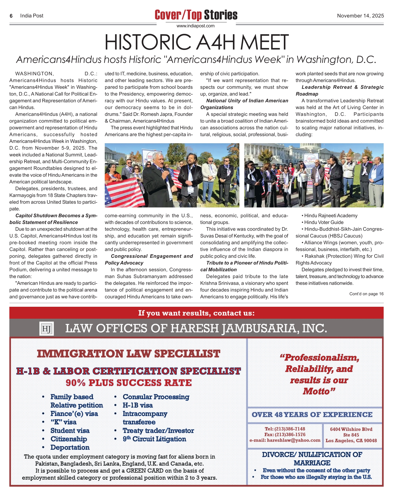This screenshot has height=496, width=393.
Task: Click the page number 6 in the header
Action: coord(11,16)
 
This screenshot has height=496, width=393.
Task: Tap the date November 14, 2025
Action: coord(360,16)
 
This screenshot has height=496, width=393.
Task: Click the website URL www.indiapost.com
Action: coord(195,26)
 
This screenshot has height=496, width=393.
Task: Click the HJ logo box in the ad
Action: coord(47,329)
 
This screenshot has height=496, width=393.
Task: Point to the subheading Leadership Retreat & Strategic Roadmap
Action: coord(339,90)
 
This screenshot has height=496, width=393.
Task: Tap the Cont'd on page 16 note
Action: coord(366,294)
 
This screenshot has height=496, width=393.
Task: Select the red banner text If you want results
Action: coord(196,313)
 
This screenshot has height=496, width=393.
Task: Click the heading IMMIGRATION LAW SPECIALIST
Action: coord(128,354)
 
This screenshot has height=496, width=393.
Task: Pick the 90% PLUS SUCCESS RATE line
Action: coord(128,383)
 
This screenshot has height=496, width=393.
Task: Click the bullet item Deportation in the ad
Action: coord(70,447)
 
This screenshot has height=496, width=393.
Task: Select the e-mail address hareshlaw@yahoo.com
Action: coord(293,440)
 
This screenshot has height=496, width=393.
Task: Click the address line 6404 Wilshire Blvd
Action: coord(351,429)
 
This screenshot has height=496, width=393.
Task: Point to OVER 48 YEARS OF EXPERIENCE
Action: coord(312,415)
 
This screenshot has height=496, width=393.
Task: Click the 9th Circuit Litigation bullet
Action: coord(154,439)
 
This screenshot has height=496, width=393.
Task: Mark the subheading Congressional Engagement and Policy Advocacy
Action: coord(149,259)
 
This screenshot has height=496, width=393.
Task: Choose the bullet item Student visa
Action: coord(70,431)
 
